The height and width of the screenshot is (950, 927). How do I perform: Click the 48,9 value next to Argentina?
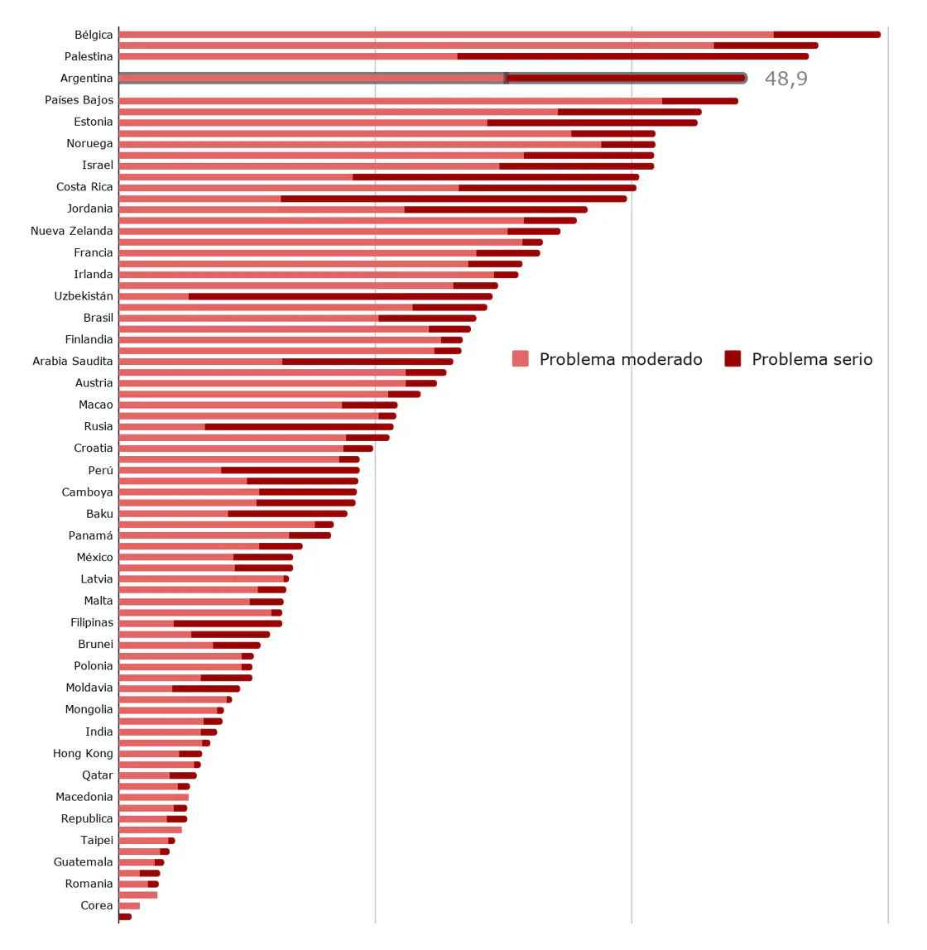pos(785,79)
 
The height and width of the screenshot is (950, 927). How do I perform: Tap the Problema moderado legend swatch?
pos(520,359)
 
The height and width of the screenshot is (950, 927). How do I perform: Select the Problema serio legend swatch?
pos(732,359)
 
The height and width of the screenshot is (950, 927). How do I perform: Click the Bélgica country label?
pos(94,35)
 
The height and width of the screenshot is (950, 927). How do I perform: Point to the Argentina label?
pos(87,79)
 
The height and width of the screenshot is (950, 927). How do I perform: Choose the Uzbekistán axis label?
pos(84,296)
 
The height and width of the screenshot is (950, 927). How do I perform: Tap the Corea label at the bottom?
pos(97,905)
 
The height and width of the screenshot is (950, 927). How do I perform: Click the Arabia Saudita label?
pos(73,361)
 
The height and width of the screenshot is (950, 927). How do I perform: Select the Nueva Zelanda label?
pos(72,231)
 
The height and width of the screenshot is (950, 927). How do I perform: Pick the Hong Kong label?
pos(83,753)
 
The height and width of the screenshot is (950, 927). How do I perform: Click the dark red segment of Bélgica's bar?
pos(826,35)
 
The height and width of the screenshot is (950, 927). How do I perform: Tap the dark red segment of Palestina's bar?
pos(632,56)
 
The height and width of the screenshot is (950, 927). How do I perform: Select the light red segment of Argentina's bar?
pos(311,79)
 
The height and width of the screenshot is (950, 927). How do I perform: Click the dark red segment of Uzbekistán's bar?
pos(340,296)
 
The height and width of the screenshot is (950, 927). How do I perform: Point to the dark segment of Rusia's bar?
pos(299,427)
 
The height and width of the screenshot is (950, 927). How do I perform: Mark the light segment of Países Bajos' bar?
pos(390,101)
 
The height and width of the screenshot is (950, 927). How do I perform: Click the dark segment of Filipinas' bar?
pos(228,623)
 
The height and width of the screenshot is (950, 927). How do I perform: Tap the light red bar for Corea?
pos(129,905)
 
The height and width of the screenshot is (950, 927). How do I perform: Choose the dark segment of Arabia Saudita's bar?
pos(367,362)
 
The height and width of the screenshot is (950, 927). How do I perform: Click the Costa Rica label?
pos(84,187)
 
